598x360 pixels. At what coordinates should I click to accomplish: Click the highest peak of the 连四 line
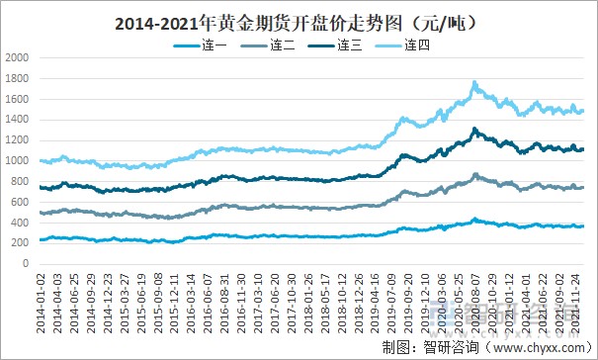point(474,83)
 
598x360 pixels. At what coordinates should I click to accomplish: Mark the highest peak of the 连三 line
point(474,129)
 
